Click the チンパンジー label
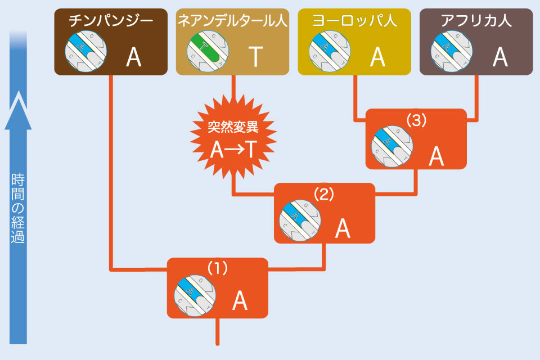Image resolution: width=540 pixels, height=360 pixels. (x=111, y=22)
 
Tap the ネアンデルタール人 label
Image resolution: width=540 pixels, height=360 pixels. (x=232, y=22)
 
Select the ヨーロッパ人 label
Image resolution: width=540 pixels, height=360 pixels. (x=354, y=22)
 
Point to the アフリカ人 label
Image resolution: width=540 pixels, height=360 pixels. (x=476, y=22)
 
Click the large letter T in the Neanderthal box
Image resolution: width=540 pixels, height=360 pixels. (x=256, y=56)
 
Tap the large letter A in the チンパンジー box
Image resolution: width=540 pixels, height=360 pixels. (x=134, y=56)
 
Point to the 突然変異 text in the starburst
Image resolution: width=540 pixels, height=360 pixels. (x=233, y=126)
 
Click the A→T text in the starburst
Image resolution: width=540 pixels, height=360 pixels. (x=233, y=148)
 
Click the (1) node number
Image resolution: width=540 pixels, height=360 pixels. (x=217, y=268)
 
